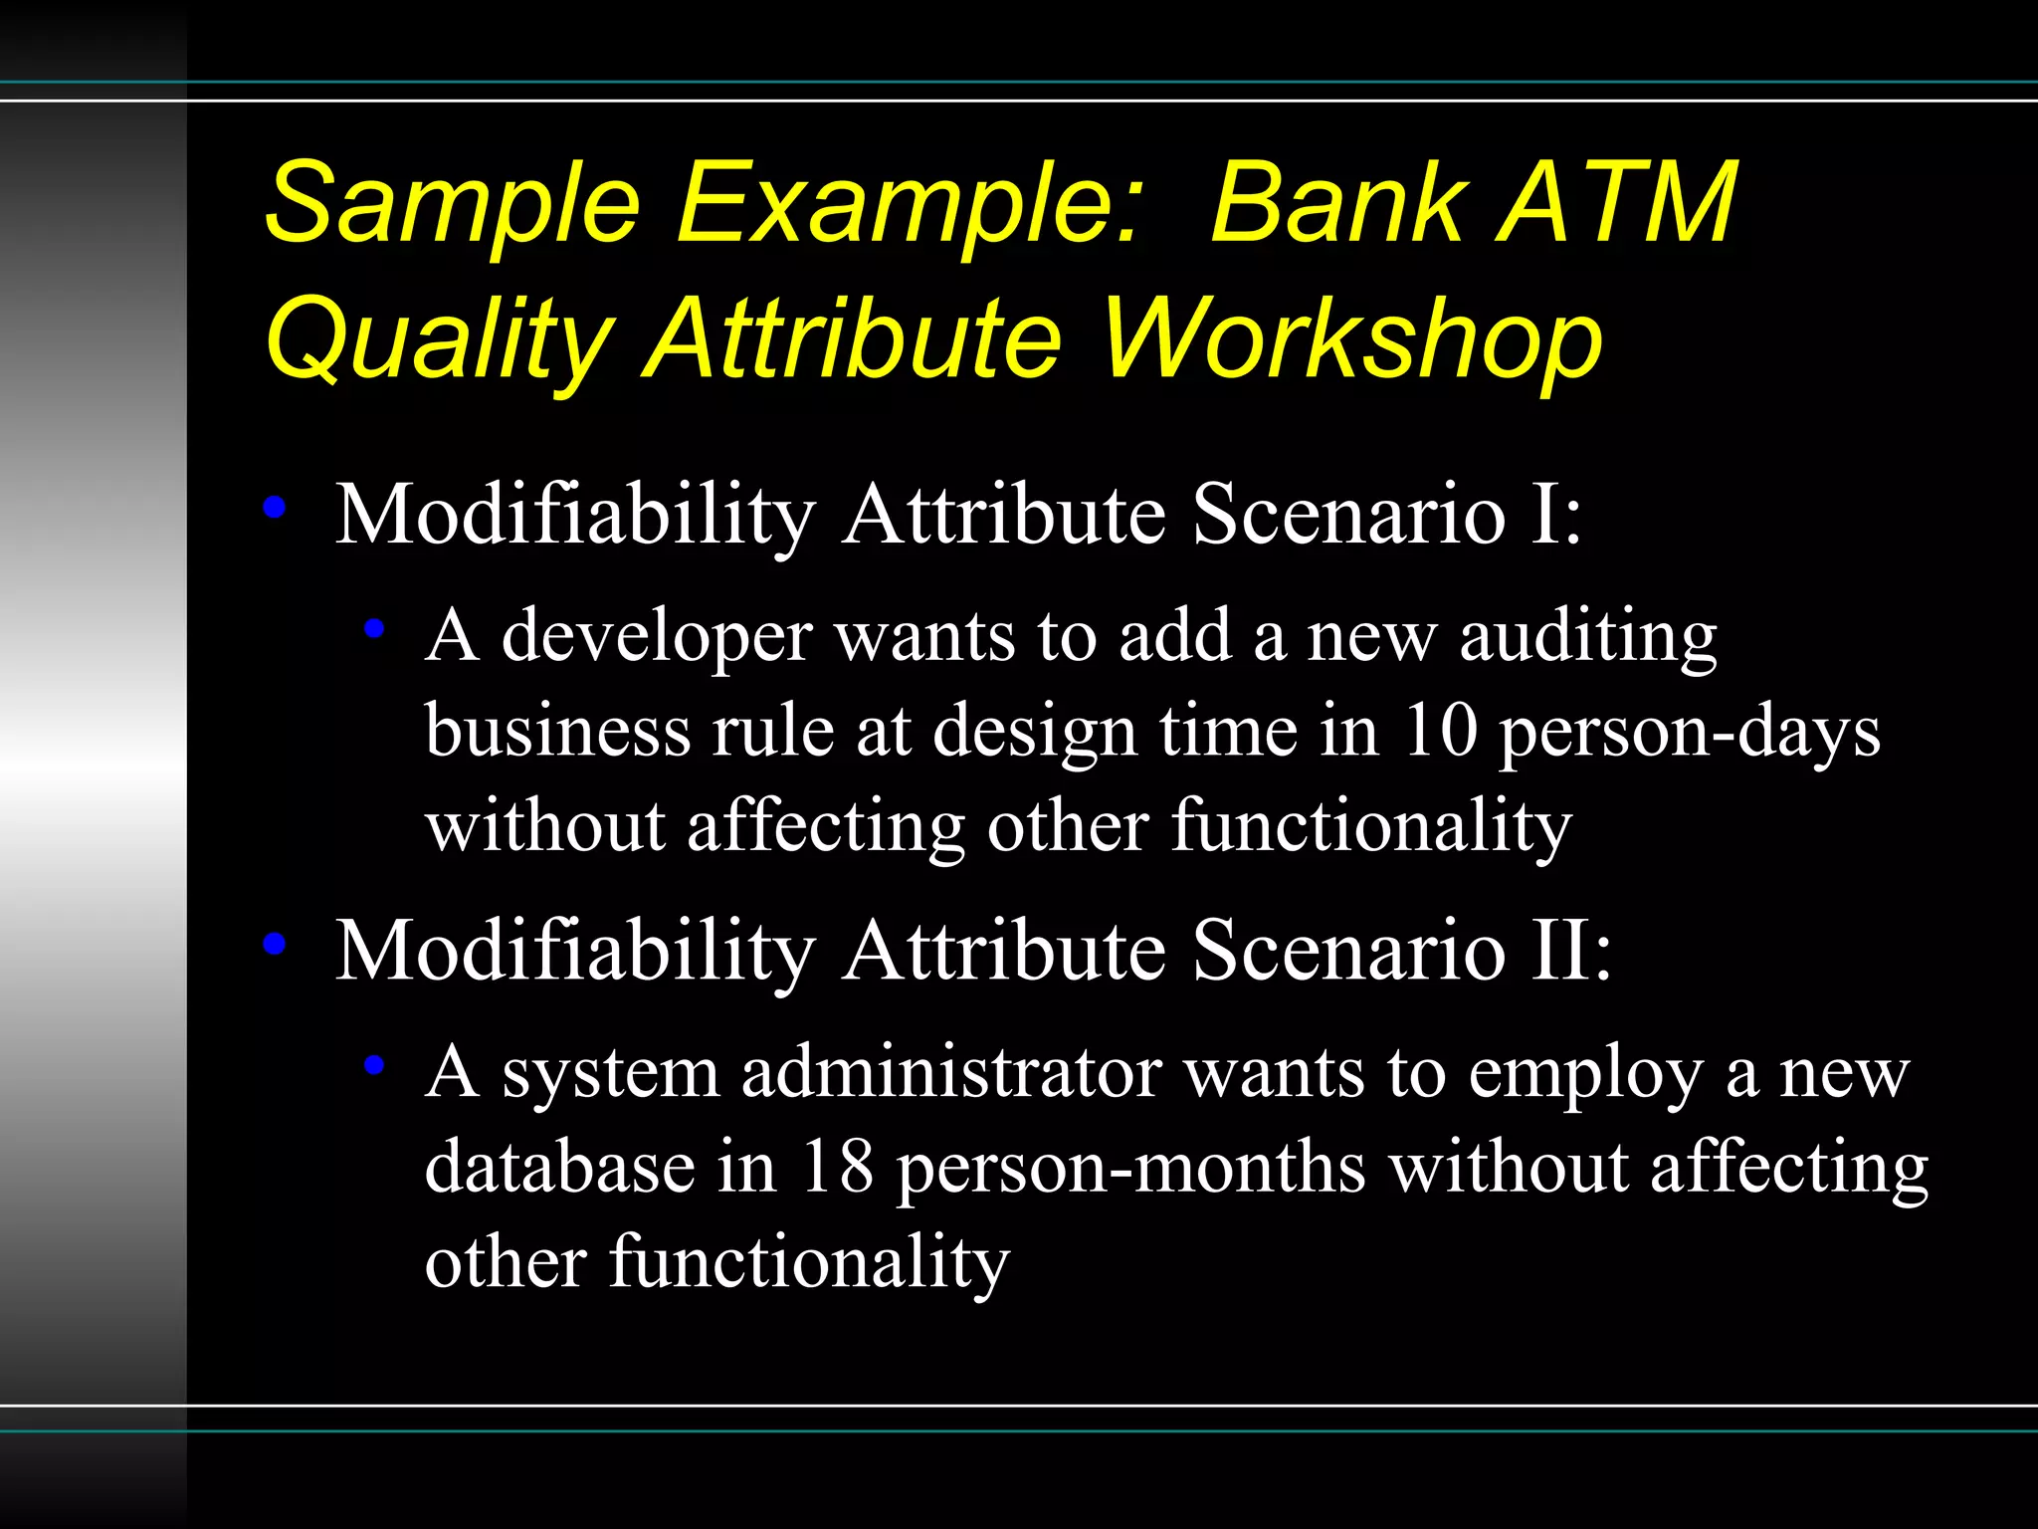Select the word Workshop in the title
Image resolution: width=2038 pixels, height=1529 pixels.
pos(1353,341)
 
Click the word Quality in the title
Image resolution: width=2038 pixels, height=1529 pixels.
pos(438,341)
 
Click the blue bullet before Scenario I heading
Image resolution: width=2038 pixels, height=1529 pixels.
pos(275,508)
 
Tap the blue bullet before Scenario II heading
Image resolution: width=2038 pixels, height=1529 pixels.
pos(275,943)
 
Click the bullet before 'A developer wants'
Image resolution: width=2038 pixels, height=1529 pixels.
pos(374,628)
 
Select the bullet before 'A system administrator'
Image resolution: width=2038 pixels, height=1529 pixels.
pos(374,1065)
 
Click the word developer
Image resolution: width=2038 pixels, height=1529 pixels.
pos(656,637)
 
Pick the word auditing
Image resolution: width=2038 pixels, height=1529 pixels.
pos(1588,637)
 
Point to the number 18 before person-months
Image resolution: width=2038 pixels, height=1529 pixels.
pos(837,1167)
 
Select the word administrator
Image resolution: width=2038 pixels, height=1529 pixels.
pos(951,1073)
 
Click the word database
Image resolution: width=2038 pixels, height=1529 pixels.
pos(559,1167)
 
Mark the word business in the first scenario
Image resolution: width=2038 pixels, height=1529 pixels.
pos(557,732)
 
